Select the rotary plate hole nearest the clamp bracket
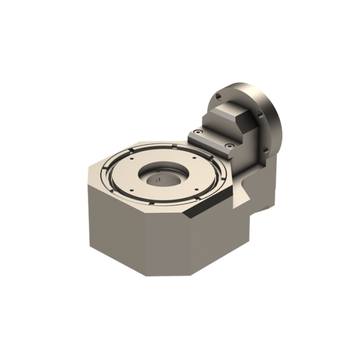[194, 159]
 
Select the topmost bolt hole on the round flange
[219, 96]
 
